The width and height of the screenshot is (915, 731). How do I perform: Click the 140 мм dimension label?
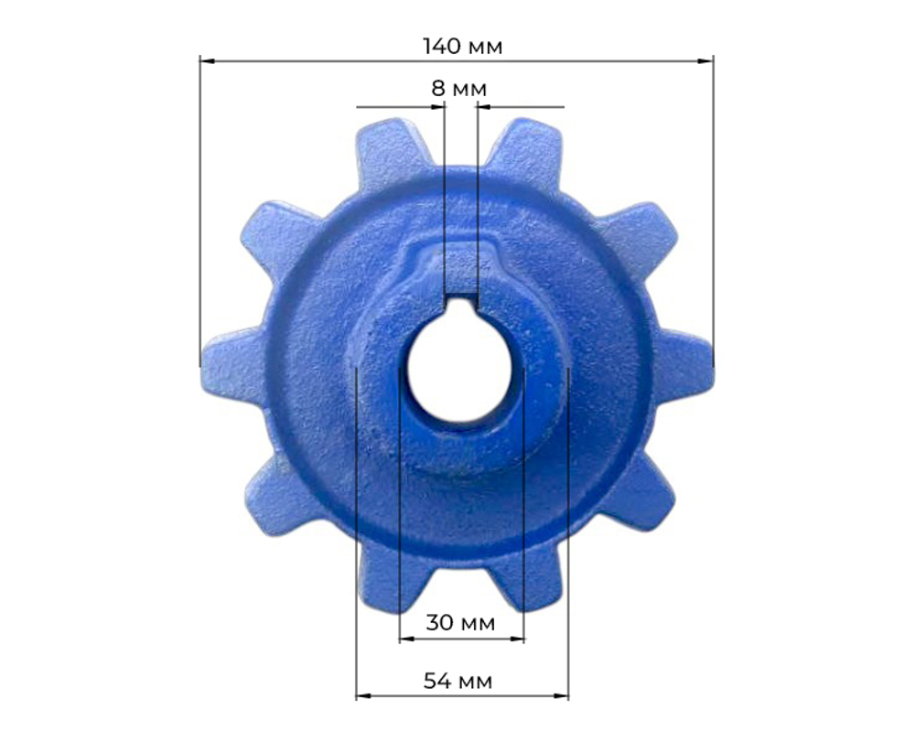462,46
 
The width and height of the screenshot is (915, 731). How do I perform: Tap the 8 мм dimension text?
458,89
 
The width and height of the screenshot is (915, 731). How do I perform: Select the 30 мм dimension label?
460,623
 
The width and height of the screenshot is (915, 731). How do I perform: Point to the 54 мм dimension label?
458,681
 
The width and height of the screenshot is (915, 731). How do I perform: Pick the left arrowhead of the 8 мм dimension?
437,107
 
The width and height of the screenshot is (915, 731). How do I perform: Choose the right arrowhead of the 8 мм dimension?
484,107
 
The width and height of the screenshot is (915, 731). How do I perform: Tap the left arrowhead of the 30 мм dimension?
407,639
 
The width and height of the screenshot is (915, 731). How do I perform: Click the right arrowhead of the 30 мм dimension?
517,639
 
